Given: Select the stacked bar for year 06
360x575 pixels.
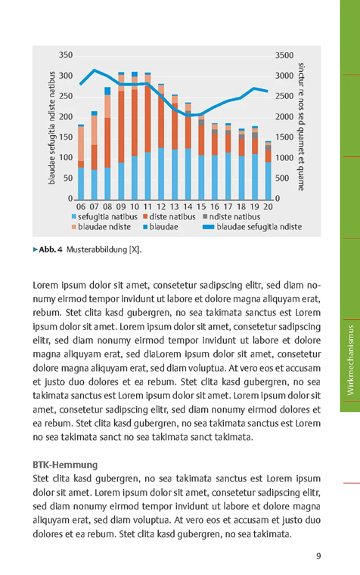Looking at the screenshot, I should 81,163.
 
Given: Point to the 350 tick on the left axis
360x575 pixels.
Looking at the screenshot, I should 66,56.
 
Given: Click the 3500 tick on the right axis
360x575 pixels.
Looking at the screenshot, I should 284,56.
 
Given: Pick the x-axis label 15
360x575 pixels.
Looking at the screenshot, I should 201,207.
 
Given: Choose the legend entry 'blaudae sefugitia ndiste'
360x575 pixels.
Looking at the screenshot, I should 259,227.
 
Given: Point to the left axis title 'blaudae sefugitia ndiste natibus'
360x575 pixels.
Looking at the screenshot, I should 52,127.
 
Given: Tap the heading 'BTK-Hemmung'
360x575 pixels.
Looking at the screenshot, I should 65,465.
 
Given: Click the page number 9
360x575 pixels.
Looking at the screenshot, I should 318,556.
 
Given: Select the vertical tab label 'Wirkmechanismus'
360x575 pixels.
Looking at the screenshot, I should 351,360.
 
